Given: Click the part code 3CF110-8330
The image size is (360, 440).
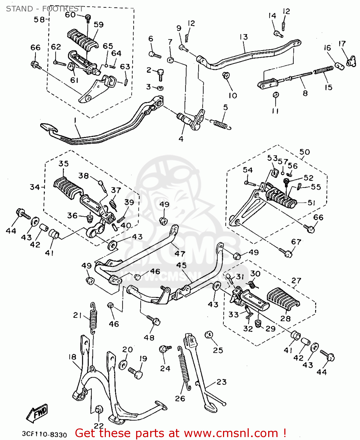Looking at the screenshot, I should click(x=44, y=434).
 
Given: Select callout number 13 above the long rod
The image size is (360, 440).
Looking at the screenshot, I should click(x=244, y=37).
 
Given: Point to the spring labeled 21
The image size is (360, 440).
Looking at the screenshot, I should click(x=93, y=318).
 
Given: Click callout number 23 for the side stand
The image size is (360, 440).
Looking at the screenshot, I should click(x=222, y=382).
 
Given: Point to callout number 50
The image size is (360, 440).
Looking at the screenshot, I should click(x=305, y=152).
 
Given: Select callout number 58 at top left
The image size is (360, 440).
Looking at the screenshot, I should click(x=39, y=20).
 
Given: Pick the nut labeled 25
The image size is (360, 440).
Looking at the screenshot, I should click(x=209, y=335).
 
